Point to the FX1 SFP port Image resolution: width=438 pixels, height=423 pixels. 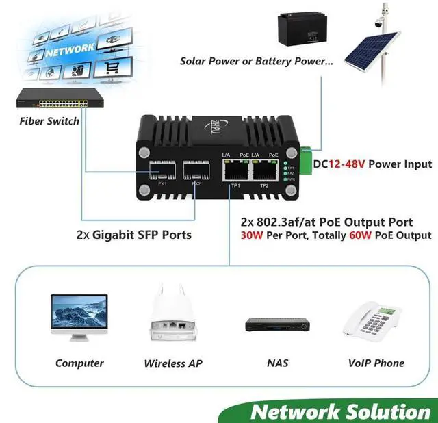[163, 170]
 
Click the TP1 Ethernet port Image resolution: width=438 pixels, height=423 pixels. [235, 170]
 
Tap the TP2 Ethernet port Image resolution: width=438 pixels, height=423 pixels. [264, 170]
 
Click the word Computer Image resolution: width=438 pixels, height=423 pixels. [79, 363]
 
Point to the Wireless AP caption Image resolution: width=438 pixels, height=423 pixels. [173, 363]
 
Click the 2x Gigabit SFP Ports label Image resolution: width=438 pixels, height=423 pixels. [133, 235]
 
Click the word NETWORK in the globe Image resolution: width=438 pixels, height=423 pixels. [70, 49]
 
